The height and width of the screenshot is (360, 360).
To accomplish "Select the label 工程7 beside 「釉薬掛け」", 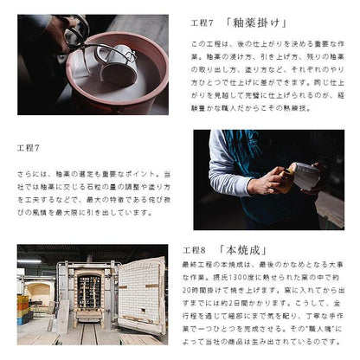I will point(202,22).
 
